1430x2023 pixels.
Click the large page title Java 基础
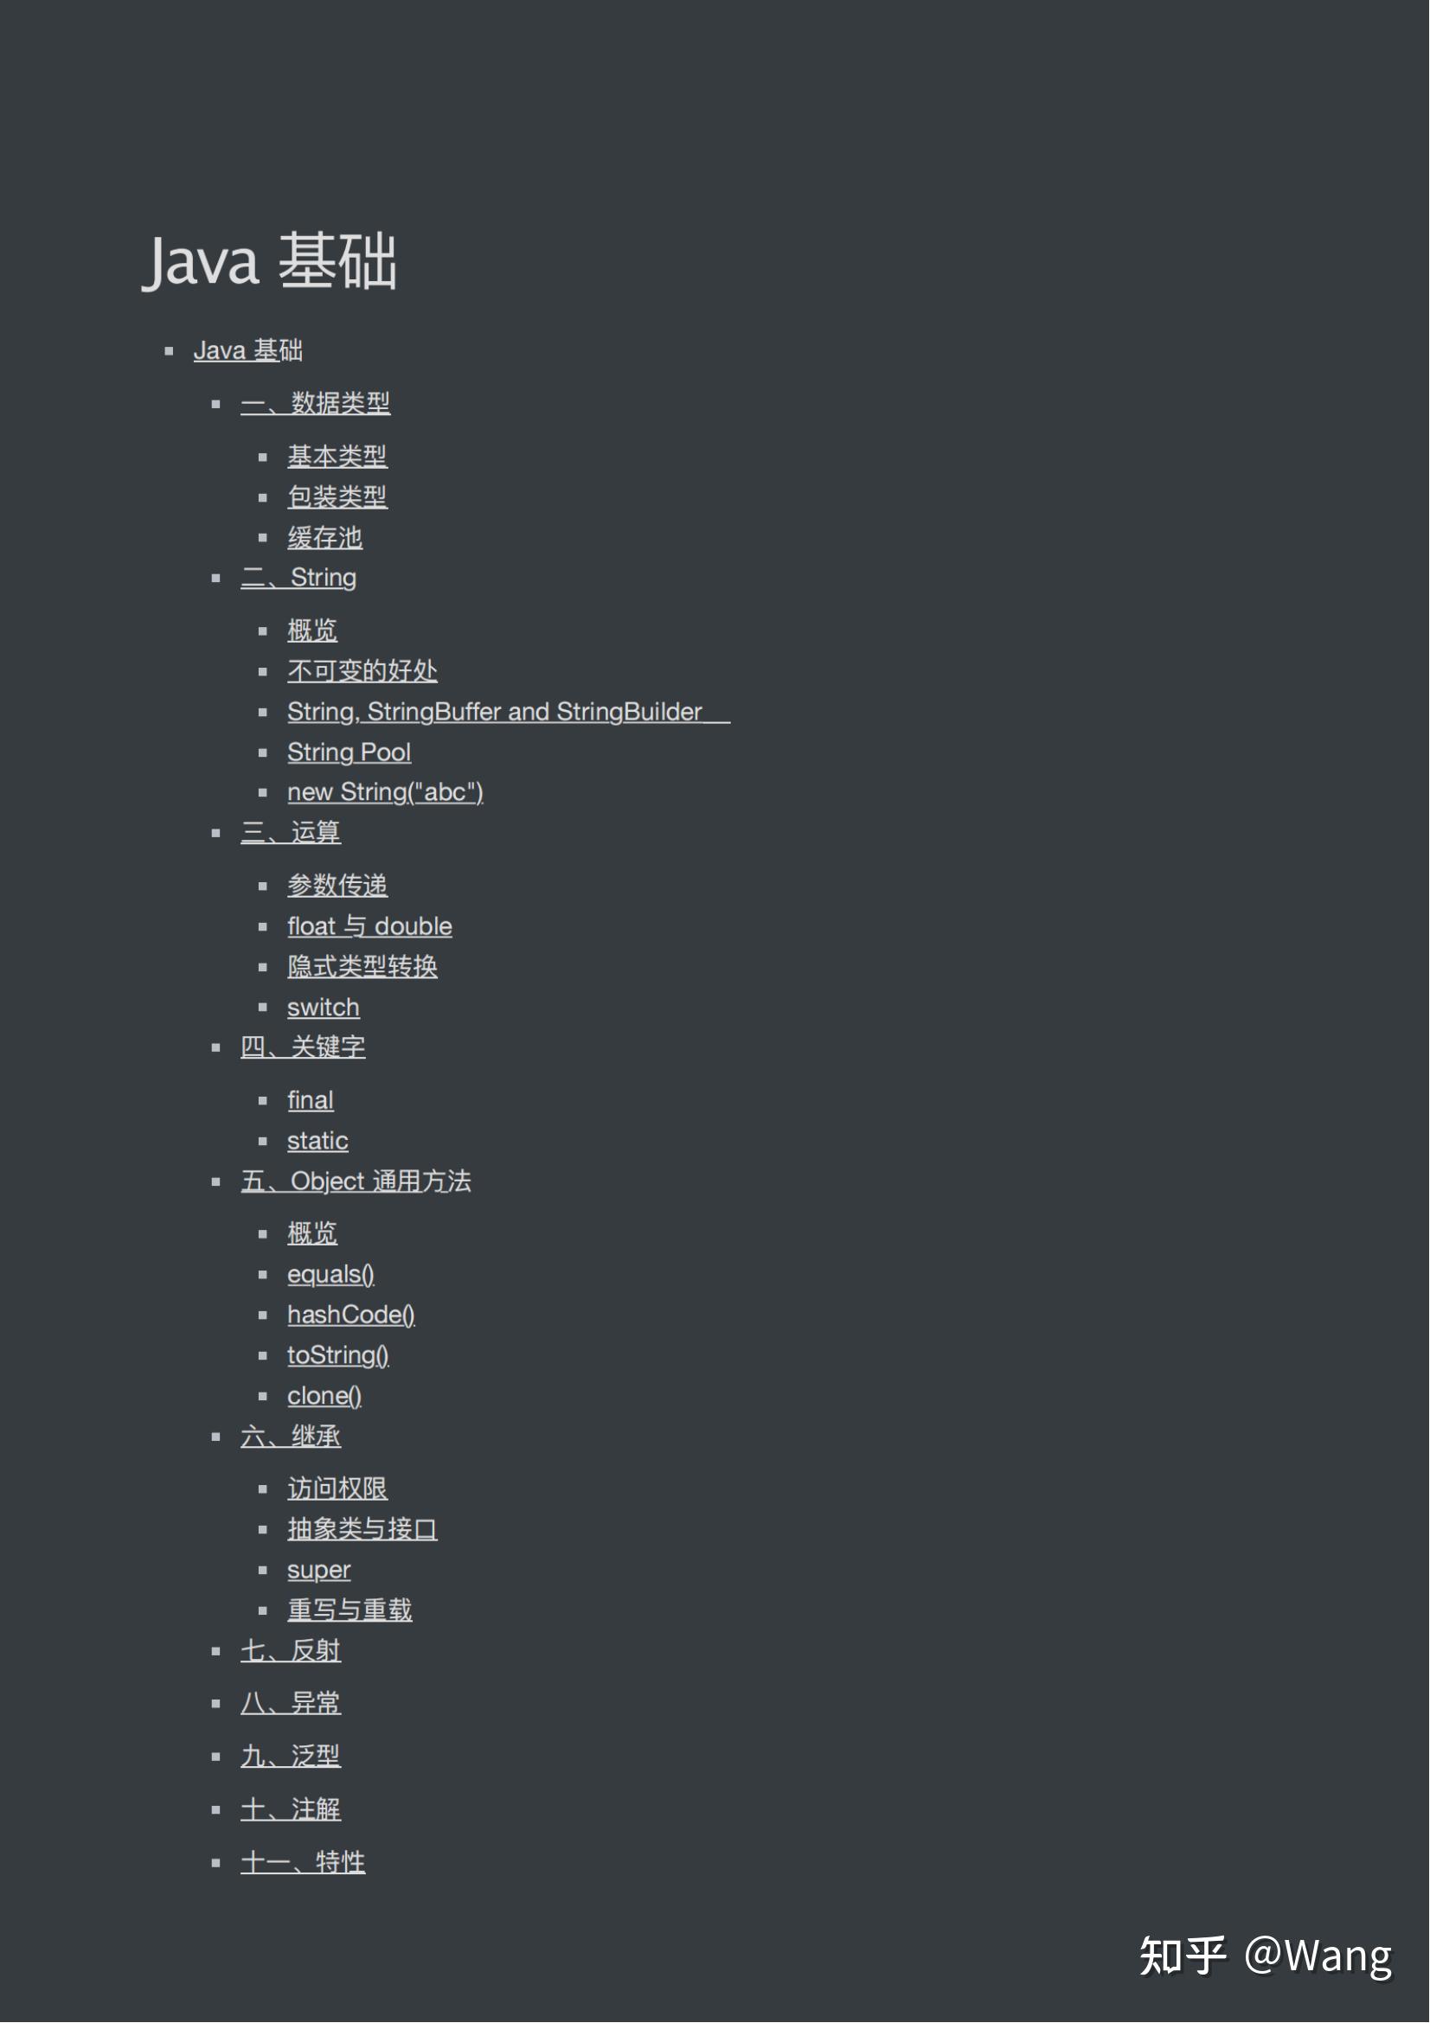coord(270,261)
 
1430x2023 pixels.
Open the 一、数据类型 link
coord(315,404)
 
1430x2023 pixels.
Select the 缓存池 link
coord(324,537)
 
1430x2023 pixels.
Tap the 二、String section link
coord(298,578)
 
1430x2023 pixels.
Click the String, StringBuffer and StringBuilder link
coord(494,712)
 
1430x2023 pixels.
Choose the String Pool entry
coord(349,752)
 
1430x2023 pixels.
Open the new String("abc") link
coord(385,792)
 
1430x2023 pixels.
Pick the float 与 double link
coord(369,926)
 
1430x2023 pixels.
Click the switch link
coord(323,1007)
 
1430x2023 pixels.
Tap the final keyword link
coord(311,1100)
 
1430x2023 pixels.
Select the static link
coord(317,1141)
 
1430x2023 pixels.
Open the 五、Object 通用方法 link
coord(355,1181)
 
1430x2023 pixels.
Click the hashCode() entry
coord(350,1315)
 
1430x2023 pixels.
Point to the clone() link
coord(324,1396)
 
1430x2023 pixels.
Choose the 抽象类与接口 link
coord(362,1530)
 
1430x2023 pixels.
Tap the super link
coord(318,1570)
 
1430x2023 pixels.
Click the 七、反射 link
coord(290,1651)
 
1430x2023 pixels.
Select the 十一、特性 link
coord(302,1863)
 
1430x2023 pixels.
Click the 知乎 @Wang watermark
coord(1266,1956)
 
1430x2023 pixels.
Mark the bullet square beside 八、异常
coord(216,1704)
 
